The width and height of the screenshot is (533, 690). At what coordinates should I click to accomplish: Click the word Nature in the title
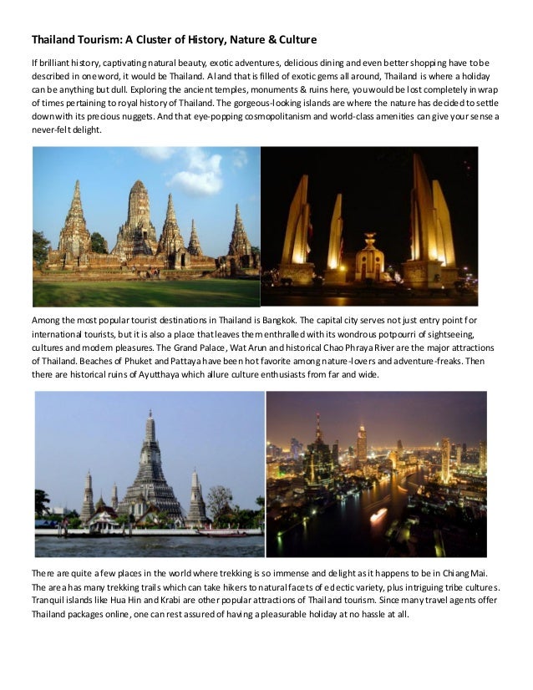coord(239,39)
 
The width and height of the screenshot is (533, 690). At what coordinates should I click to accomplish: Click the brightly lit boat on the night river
coord(378,515)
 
